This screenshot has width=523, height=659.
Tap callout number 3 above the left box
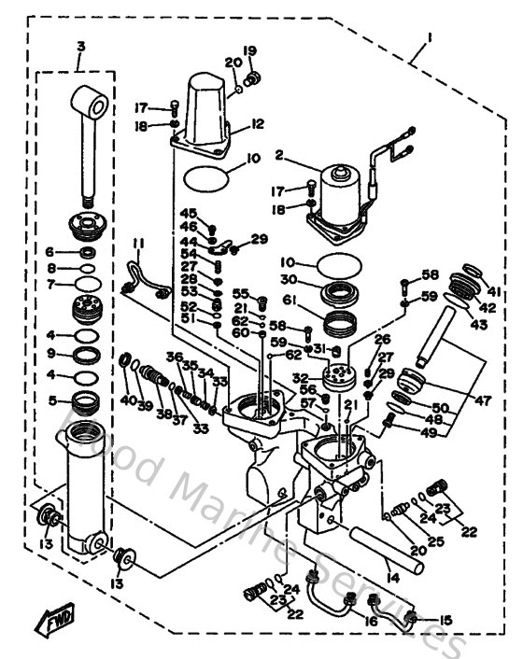click(x=80, y=46)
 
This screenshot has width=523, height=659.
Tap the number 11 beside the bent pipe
click(x=137, y=245)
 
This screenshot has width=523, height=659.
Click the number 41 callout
click(x=493, y=291)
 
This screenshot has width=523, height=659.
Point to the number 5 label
click(x=53, y=401)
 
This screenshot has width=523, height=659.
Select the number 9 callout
click(x=53, y=354)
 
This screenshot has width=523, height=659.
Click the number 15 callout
click(x=445, y=620)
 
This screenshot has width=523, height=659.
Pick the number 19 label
click(x=250, y=49)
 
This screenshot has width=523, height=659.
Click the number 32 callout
click(x=301, y=378)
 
